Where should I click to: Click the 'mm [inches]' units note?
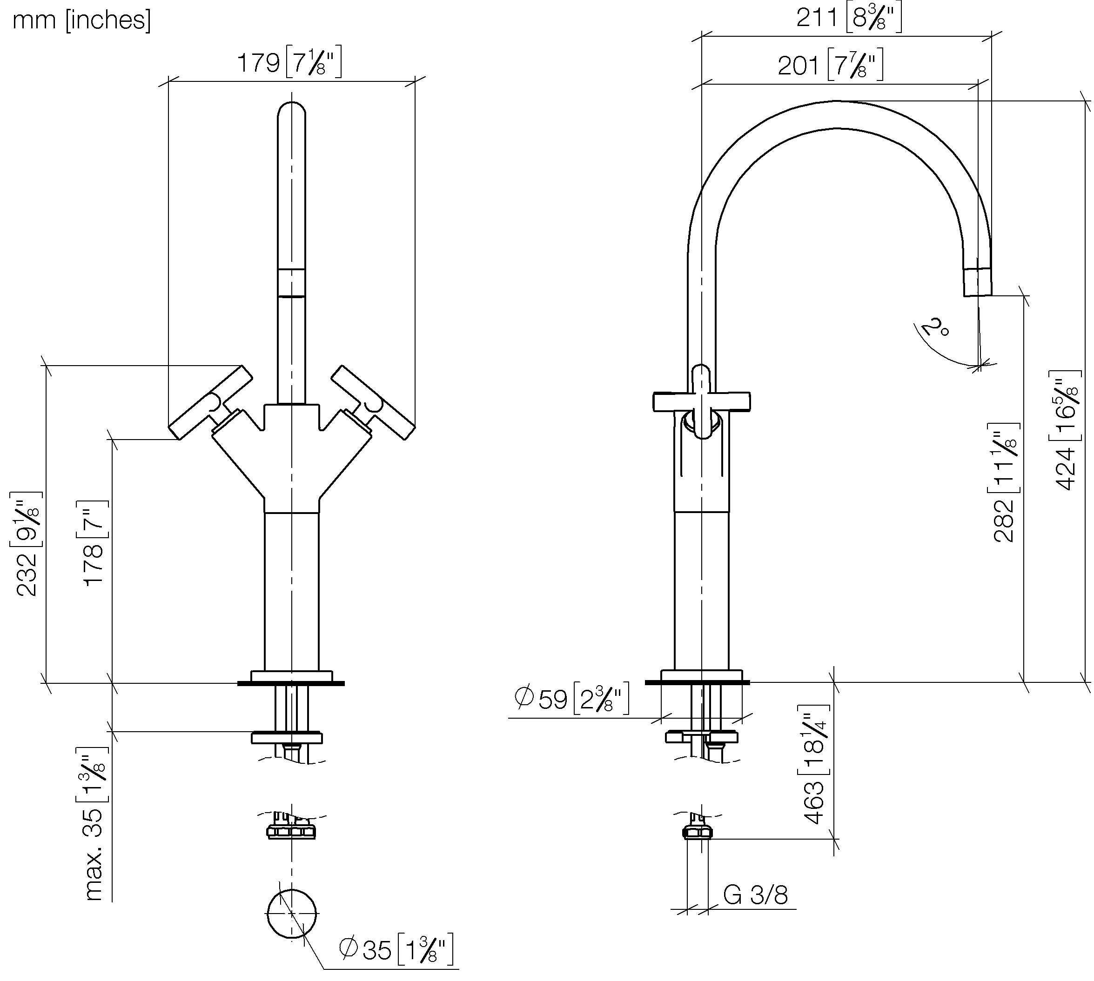click(82, 20)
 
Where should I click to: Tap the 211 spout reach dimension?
click(849, 18)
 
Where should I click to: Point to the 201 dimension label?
click(830, 65)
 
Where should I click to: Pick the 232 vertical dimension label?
click(27, 543)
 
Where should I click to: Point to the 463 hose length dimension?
click(815, 764)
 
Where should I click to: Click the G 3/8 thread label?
click(755, 895)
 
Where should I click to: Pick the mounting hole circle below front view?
click(292, 913)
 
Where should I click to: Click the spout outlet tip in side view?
click(978, 282)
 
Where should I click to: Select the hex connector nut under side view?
click(698, 833)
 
